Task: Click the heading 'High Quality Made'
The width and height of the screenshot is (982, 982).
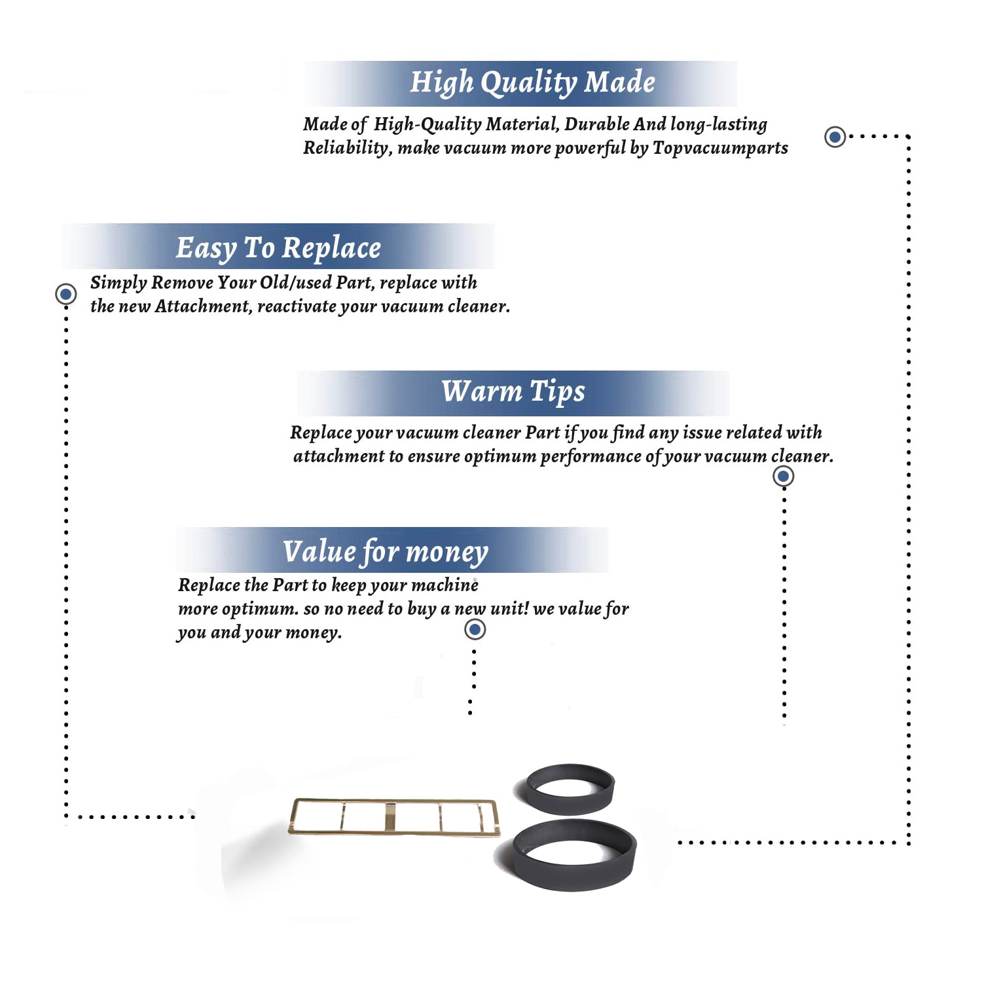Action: tap(532, 83)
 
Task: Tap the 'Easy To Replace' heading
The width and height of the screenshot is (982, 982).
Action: tap(278, 249)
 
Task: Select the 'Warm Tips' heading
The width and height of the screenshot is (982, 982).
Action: tap(513, 391)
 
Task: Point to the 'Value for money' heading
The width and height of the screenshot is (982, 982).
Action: tap(386, 552)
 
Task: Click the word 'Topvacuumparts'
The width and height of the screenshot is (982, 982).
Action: tap(720, 148)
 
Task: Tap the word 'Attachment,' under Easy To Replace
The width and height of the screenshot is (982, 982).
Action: tap(203, 306)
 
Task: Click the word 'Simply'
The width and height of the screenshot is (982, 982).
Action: tap(118, 283)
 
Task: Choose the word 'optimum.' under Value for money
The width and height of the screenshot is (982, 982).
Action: tap(260, 609)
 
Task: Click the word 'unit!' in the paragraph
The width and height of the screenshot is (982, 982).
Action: tap(509, 608)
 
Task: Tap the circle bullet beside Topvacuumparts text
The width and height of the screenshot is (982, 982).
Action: tap(835, 137)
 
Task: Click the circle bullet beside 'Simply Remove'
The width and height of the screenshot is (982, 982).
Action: tap(65, 294)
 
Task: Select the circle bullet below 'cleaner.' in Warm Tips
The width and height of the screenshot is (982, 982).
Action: tap(784, 476)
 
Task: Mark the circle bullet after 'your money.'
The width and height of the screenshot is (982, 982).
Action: tap(475, 630)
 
